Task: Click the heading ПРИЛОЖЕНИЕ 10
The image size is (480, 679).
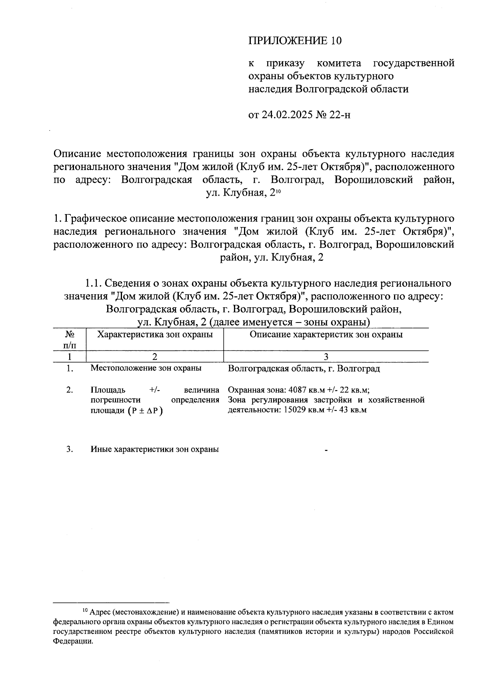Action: tap(296, 40)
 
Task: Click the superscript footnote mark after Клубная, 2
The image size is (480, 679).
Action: tap(279, 191)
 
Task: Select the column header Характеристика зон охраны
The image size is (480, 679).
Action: tap(155, 334)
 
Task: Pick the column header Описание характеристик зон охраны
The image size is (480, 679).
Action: tap(326, 334)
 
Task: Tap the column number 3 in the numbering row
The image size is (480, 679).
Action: tap(326, 357)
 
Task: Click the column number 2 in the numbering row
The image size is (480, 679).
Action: tap(155, 357)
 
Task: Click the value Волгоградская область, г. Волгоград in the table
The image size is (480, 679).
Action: tap(304, 369)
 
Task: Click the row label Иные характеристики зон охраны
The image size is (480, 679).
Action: tap(154, 449)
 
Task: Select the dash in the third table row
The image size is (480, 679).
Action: tap(326, 451)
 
